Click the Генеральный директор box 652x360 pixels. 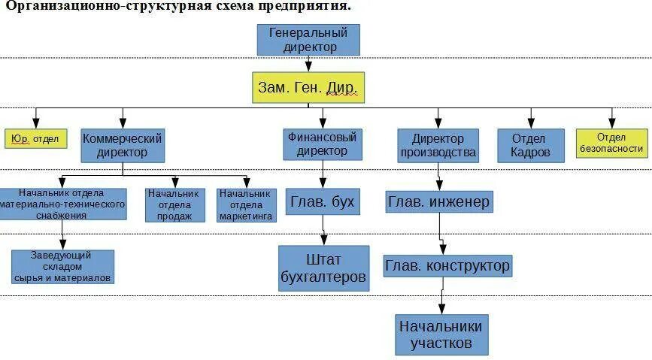[308, 40]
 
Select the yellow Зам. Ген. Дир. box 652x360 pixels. [308, 87]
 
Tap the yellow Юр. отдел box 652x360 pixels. [35, 139]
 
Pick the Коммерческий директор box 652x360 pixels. [123, 145]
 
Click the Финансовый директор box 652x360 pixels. [322, 144]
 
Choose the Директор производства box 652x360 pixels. [438, 145]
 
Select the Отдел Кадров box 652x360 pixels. [531, 145]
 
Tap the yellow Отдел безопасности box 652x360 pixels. [611, 143]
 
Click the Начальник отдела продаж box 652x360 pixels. [174, 205]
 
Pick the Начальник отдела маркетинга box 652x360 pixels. [247, 205]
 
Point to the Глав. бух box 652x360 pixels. [322, 201]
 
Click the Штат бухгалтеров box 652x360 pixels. [323, 268]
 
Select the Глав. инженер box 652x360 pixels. [439, 201]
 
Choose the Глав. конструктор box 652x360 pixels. [447, 265]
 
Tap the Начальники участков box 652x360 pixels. [441, 334]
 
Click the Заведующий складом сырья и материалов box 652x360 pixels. [62, 267]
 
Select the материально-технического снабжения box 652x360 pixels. [62, 204]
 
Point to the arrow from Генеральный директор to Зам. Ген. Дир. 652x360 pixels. [308, 64]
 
